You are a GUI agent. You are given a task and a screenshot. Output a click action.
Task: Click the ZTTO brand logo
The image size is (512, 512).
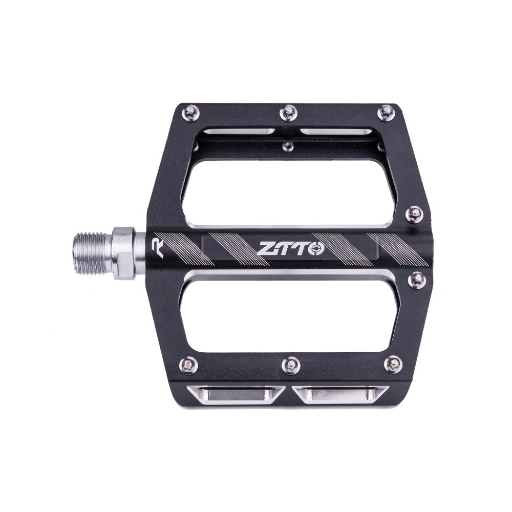point(290,249)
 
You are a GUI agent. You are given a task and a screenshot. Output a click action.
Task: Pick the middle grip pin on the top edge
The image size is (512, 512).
point(289,112)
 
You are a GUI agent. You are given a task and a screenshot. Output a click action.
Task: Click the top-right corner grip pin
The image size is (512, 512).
point(386,112)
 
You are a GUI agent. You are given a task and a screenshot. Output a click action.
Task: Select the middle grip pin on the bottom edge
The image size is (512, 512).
point(290,365)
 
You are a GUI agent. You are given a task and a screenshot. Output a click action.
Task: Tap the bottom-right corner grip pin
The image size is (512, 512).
point(393,364)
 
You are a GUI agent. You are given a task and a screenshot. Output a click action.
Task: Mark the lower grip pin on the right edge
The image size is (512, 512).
point(417,280)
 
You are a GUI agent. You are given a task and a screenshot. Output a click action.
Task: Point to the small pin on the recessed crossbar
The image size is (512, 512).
point(288,147)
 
